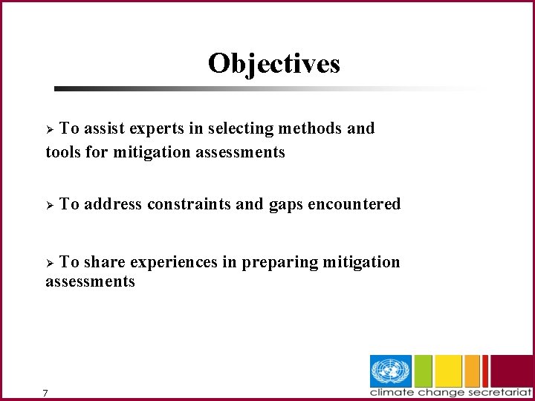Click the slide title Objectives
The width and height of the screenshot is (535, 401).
tap(273, 63)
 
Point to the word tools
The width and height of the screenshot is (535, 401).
tap(63, 152)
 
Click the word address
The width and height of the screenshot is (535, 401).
tap(113, 204)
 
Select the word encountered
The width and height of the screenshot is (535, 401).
tap(354, 204)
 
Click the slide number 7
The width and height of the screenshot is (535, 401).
tap(46, 393)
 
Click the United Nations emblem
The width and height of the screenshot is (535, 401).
tap(391, 371)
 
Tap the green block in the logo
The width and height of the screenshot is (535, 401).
tap(424, 371)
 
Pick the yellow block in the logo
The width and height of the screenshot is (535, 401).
tap(448, 371)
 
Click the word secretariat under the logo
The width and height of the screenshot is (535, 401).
tap(497, 392)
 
